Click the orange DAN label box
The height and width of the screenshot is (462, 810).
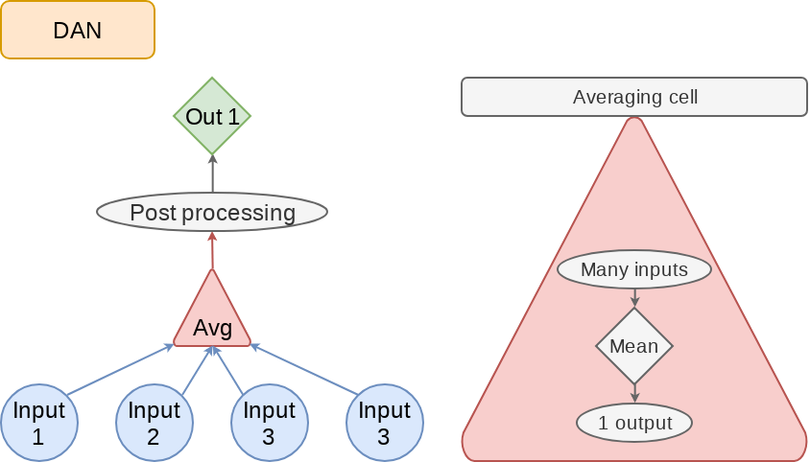(78, 30)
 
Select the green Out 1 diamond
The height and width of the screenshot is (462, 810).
(212, 117)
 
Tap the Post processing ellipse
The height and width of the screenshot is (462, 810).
(212, 212)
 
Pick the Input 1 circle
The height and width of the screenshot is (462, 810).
(38, 423)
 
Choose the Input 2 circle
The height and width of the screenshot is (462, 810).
(154, 423)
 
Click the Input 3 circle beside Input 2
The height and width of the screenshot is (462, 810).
(269, 423)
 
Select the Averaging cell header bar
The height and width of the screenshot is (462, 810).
(634, 97)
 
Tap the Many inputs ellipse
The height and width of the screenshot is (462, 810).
(634, 269)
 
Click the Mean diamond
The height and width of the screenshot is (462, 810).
(634, 346)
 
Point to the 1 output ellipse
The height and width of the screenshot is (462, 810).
(634, 423)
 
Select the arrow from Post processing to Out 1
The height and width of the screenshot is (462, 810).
(212, 174)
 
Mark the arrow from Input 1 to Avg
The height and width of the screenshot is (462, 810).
(120, 369)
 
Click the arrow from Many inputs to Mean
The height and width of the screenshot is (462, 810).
(634, 297)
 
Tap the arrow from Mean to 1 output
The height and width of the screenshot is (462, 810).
(634, 394)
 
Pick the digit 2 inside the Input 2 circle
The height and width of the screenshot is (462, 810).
(154, 437)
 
